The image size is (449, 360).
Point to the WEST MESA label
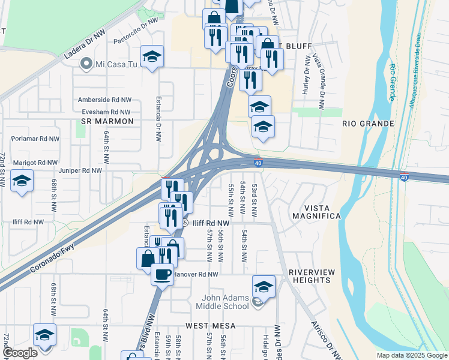click(x=210, y=325)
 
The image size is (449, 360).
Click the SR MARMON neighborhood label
click(x=106, y=121)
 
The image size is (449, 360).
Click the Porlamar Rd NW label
click(x=35, y=139)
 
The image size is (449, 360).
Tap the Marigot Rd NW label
click(x=34, y=162)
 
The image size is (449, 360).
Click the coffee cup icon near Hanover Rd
click(x=161, y=274)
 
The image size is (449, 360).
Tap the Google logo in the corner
click(x=20, y=353)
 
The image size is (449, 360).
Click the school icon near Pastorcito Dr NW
click(x=152, y=56)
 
